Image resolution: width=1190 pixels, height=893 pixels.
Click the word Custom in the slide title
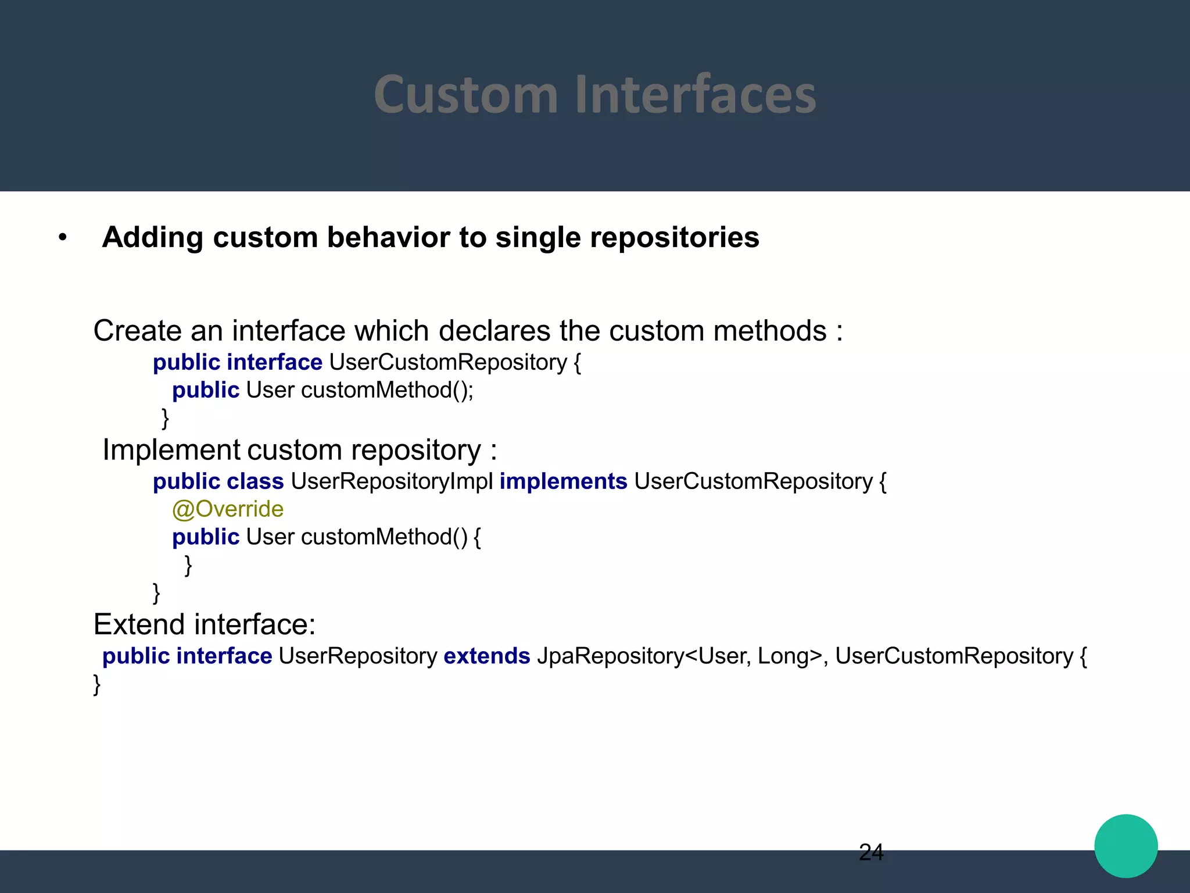[x=465, y=95]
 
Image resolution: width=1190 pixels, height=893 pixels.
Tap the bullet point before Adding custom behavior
[x=63, y=237]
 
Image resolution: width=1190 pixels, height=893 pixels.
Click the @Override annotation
[x=228, y=509]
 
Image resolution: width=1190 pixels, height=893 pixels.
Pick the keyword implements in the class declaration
[x=563, y=481]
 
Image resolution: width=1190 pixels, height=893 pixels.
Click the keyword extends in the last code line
[x=486, y=656]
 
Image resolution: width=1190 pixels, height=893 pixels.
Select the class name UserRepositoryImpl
[x=392, y=481]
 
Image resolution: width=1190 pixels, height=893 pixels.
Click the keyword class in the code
[x=255, y=481]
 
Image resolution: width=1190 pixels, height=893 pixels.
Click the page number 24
[x=871, y=852]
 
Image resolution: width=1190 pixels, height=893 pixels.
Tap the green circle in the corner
[x=1126, y=846]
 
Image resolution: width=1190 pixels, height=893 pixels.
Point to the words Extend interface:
[x=205, y=624]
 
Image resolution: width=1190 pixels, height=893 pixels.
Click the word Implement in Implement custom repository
[x=171, y=450]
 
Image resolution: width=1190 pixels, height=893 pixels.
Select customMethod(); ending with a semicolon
[x=387, y=390]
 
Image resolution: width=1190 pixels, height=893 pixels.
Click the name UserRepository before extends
[x=358, y=656]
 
